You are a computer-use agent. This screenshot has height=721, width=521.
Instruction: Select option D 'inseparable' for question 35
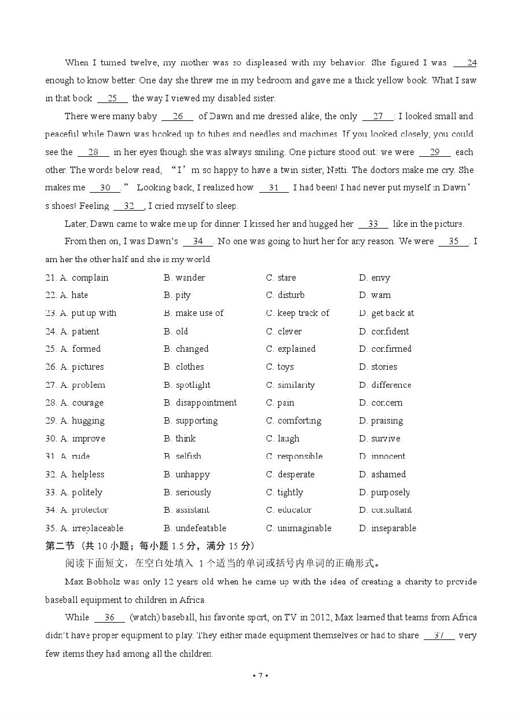[x=393, y=528]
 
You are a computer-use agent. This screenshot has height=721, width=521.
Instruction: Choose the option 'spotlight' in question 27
[x=193, y=385]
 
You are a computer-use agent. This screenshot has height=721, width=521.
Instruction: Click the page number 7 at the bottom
[x=260, y=675]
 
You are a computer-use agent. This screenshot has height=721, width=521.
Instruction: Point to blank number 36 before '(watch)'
[x=109, y=617]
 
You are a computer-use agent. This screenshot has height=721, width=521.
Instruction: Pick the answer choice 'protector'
[x=90, y=510]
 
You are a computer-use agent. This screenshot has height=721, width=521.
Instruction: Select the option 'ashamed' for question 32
[x=388, y=474]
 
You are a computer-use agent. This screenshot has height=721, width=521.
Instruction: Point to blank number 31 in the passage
[x=274, y=187]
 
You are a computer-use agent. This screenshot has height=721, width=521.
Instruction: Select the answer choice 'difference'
[x=391, y=385]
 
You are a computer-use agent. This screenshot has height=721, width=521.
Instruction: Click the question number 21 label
[x=51, y=278]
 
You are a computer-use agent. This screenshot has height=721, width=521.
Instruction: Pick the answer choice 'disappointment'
[x=206, y=403]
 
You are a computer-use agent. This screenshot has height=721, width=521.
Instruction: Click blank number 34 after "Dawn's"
[x=198, y=241]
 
